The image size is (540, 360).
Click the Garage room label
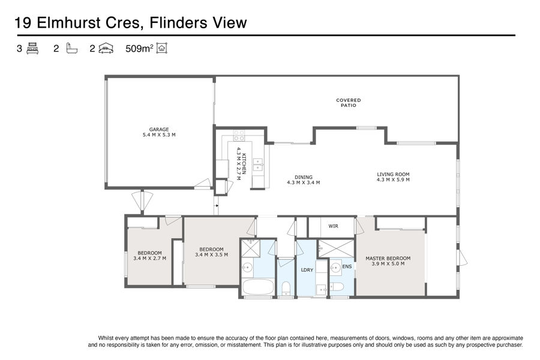159,130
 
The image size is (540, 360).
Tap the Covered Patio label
348,103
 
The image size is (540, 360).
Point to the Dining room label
304,177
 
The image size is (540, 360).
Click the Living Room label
393,175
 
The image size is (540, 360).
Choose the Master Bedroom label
388,259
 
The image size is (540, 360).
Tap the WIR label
333,226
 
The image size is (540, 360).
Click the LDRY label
307,270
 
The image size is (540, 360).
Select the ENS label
347,266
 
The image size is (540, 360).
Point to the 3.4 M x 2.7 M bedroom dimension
149,258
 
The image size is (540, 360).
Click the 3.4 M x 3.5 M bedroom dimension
211,255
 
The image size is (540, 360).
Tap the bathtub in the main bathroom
258,287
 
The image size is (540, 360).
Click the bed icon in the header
32,48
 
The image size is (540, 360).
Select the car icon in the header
106,48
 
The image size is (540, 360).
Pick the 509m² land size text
139,49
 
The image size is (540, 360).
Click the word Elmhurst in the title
68,23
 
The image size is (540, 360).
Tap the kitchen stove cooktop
239,136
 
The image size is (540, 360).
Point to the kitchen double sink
258,164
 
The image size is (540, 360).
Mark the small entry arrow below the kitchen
217,206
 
